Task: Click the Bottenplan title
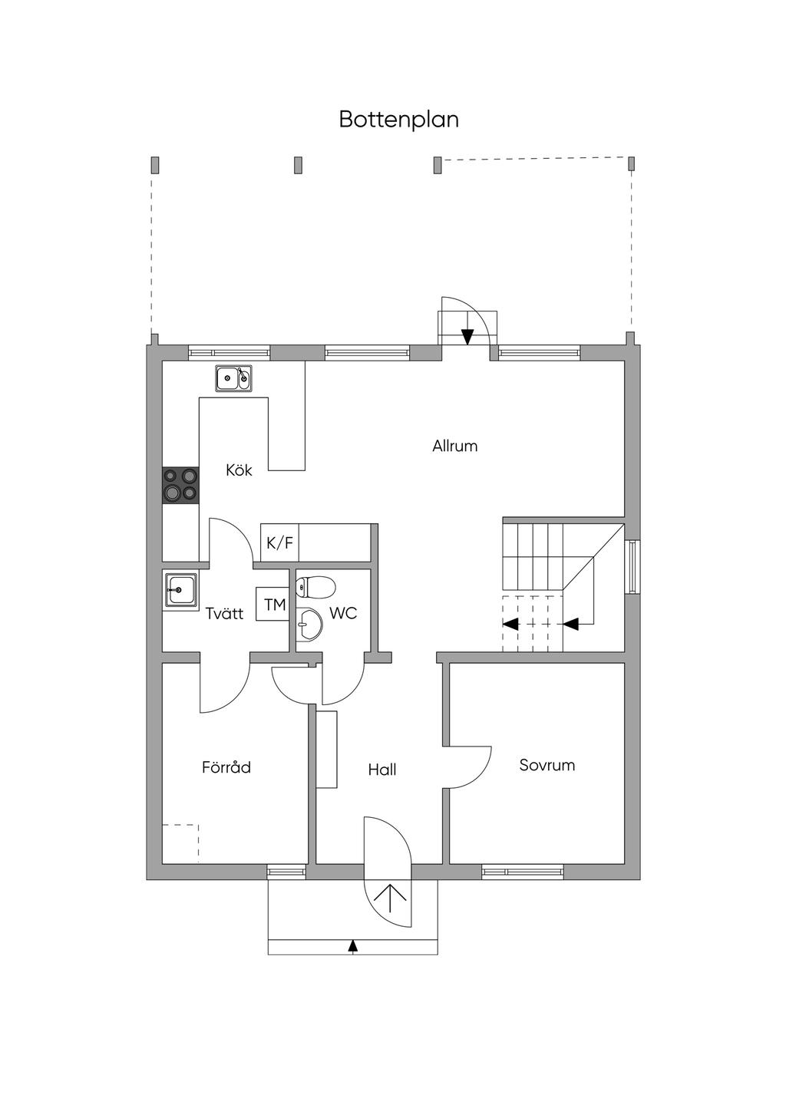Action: pos(399,120)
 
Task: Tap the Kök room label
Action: pos(239,470)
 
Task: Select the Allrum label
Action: pos(454,446)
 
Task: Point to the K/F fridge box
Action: pos(279,543)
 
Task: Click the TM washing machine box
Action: pos(274,605)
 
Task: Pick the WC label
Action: pos(343,613)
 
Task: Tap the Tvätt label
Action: pos(224,613)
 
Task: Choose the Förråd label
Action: pos(226,767)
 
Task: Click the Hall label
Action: pos(381,770)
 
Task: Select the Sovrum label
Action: pos(547,765)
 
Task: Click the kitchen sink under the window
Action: pos(233,377)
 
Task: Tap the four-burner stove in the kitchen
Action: pos(180,485)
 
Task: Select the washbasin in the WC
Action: pos(310,624)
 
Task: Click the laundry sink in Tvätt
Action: pos(180,590)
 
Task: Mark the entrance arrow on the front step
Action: pos(353,946)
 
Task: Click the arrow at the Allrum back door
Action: pos(467,336)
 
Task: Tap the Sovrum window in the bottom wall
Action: pos(522,872)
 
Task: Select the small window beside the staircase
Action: pos(632,567)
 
